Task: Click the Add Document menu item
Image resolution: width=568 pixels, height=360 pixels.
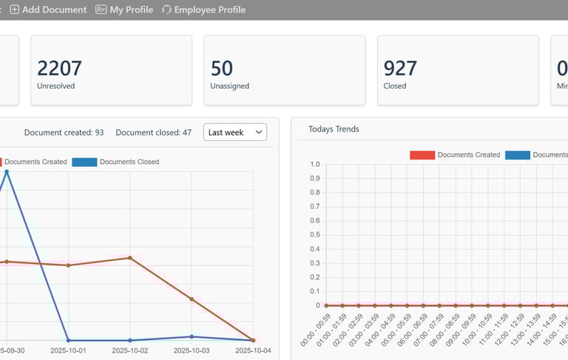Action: coord(49,10)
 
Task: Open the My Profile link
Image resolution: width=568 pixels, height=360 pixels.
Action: coord(124,10)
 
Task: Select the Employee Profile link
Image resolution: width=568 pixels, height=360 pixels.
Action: coord(203,10)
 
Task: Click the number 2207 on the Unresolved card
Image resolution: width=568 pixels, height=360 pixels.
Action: coord(59,68)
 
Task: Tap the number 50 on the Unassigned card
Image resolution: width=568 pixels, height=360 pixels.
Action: coord(222,68)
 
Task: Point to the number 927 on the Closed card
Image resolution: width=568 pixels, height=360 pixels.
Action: coord(400,68)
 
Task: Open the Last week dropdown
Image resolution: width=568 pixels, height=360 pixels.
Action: coord(235,132)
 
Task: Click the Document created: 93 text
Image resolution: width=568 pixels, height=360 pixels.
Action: coord(64,133)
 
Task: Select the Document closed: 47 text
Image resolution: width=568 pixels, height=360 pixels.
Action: coord(154,133)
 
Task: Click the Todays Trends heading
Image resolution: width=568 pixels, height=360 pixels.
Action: coord(334,129)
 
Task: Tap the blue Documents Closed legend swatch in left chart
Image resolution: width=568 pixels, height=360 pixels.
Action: coord(84,162)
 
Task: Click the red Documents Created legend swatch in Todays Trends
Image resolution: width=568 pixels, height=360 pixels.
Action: coord(422,155)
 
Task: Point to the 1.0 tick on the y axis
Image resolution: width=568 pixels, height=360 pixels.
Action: coord(315,165)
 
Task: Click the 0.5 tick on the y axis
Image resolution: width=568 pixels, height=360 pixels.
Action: coord(315,235)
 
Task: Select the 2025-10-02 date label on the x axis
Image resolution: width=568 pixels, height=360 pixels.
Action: coord(130,350)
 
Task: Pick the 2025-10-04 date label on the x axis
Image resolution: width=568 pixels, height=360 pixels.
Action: coord(254,350)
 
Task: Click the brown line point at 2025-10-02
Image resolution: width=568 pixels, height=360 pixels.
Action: coord(130,258)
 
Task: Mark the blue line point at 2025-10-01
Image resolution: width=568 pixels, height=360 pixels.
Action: coord(68,340)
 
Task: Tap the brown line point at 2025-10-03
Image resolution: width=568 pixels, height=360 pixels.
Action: coord(192,299)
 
